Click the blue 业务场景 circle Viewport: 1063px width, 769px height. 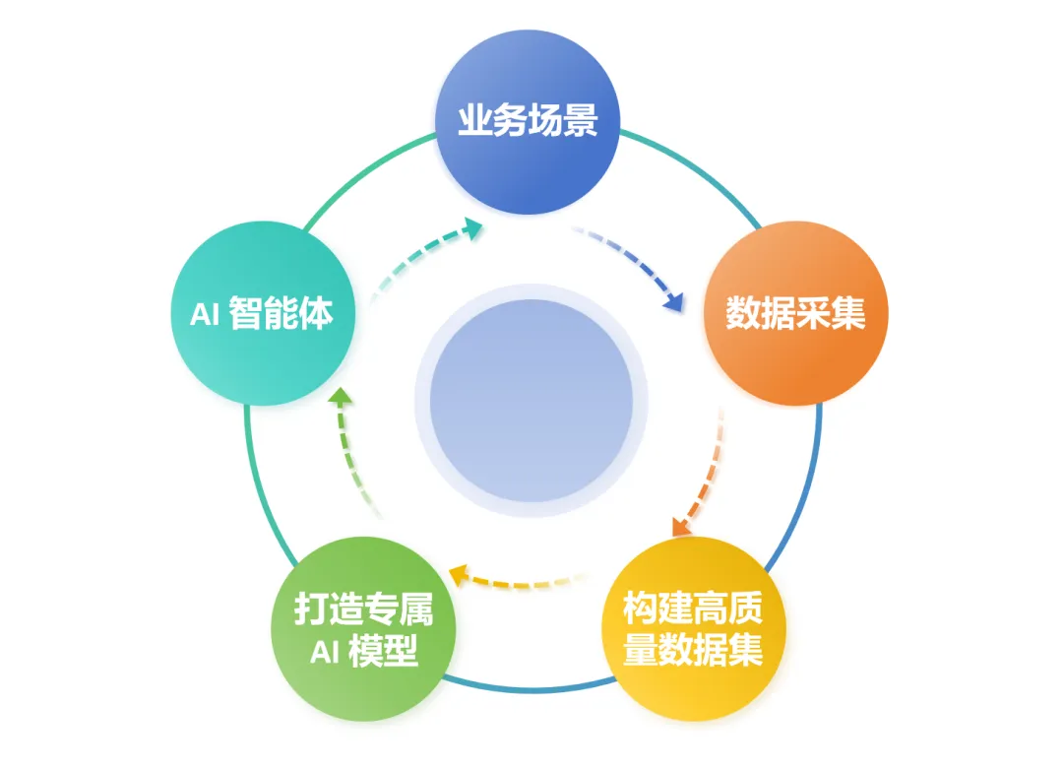(x=528, y=123)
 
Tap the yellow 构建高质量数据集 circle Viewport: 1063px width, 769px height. (x=693, y=629)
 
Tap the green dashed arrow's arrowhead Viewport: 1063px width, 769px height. (x=339, y=397)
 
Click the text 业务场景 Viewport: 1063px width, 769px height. (x=528, y=121)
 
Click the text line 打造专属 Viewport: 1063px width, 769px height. (x=363, y=609)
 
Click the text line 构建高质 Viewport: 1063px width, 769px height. (x=693, y=609)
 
